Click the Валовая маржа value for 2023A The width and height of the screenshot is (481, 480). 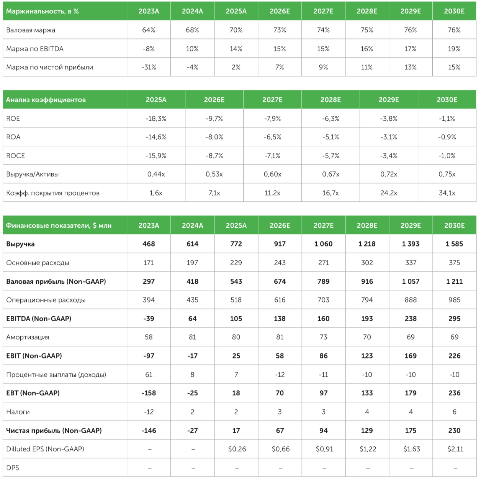coord(149,30)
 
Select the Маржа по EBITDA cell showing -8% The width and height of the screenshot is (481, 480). coord(149,49)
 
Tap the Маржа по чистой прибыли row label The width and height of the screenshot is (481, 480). coord(49,67)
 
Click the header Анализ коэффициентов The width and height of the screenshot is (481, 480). coord(46,100)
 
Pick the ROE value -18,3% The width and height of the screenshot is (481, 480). coord(156,118)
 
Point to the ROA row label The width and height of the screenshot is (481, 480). coord(13,137)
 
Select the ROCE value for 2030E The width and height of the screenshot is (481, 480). coord(447,156)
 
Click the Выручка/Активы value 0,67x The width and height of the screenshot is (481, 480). coord(330,174)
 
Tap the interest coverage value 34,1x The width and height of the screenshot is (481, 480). coord(447,193)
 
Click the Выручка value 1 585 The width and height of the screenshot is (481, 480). coord(454,244)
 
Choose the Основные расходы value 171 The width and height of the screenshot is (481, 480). coord(149,263)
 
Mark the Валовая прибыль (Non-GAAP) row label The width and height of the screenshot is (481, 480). coord(56,281)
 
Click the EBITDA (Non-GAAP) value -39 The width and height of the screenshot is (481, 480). coord(149,319)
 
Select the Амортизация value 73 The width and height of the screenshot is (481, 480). coord(323,337)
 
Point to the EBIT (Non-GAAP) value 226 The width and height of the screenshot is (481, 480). coord(454,356)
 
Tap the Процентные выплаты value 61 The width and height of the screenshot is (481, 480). coord(149,375)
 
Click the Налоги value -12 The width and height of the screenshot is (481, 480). coord(149,412)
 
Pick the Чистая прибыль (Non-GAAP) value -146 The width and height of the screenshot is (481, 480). coord(149,431)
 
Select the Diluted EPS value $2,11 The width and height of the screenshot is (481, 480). coord(455,449)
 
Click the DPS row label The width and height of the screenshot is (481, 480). coord(13,468)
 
